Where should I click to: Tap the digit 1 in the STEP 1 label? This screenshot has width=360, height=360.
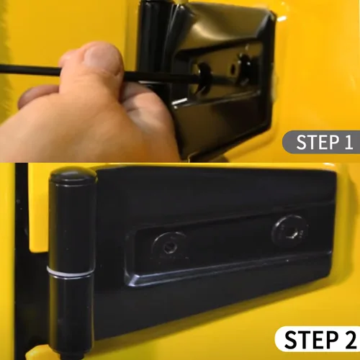point(348,143)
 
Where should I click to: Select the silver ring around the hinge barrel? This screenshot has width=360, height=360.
point(71,272)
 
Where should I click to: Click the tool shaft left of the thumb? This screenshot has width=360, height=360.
point(30,69)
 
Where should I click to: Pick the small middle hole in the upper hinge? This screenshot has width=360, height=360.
point(233,69)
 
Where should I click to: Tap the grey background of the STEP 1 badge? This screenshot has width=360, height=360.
point(289,142)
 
